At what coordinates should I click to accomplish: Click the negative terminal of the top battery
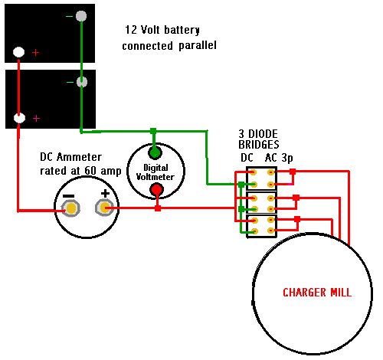click(81, 16)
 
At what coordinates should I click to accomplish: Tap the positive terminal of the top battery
click(18, 52)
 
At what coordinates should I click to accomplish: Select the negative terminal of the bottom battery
click(81, 82)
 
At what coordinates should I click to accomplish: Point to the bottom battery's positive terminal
click(19, 118)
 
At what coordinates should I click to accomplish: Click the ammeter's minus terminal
click(71, 208)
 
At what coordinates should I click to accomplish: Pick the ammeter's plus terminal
click(104, 208)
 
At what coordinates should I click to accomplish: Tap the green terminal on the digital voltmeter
click(155, 152)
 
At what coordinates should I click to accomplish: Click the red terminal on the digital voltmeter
click(157, 190)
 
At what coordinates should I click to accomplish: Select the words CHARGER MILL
click(317, 293)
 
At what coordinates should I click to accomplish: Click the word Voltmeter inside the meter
click(155, 177)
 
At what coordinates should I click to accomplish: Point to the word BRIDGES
click(259, 145)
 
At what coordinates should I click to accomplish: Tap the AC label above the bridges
click(271, 158)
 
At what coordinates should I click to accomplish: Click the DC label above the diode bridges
click(247, 158)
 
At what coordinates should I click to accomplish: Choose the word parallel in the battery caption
click(198, 46)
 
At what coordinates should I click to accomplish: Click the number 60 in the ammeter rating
click(90, 171)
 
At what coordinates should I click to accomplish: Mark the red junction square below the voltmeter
click(158, 208)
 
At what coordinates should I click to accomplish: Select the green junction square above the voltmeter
click(153, 131)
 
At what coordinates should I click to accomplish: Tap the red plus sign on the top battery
click(35, 53)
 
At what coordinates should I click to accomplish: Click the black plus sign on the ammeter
click(105, 193)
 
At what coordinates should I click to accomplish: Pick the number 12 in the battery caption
click(131, 30)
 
